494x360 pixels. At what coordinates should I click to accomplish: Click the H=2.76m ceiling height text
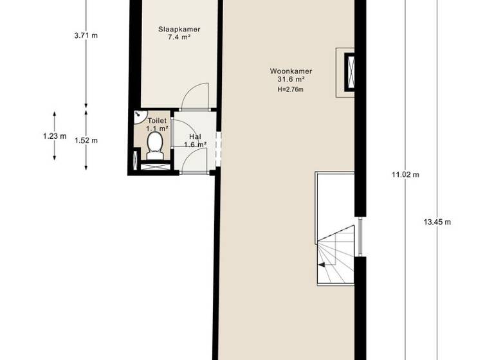[x=290, y=89]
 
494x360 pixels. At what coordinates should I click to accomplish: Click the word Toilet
[x=157, y=120]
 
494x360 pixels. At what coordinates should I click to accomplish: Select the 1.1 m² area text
[x=157, y=129]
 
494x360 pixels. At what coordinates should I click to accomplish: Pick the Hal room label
[x=196, y=136]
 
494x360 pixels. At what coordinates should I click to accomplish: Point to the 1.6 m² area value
[x=196, y=145]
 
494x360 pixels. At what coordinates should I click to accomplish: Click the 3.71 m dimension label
[x=86, y=35]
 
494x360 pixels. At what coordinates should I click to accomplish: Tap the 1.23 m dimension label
[x=55, y=136]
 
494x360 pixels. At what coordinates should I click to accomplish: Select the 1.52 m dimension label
[x=86, y=140]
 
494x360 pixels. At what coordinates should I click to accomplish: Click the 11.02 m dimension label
[x=405, y=174]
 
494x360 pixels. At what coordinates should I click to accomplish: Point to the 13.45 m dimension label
[x=437, y=222]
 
